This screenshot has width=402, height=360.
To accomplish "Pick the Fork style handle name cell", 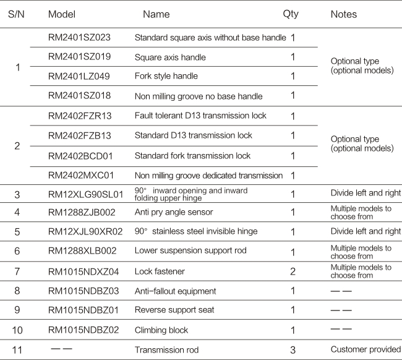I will [166, 77].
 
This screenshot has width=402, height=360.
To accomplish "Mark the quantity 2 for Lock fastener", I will [293, 272].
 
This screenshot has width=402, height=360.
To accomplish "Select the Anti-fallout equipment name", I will [175, 292].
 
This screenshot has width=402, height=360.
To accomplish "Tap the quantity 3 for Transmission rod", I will [293, 350].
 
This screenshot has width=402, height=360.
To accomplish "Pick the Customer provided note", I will [366, 350].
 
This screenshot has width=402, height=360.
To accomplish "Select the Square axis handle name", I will [170, 58].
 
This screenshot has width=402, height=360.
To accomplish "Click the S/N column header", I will [16, 14].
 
